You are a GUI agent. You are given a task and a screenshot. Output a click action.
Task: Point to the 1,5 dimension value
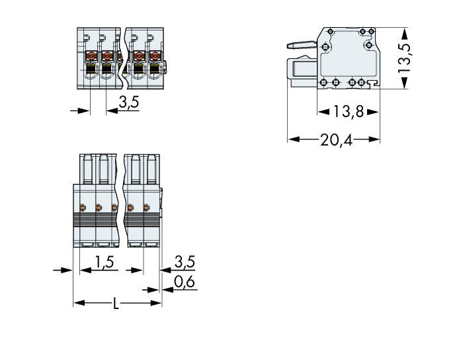(103, 262)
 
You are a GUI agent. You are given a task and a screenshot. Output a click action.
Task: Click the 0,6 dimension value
(183, 283)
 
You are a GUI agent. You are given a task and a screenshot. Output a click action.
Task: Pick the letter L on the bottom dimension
(116, 304)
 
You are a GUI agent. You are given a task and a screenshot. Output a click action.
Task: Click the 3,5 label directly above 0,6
(183, 262)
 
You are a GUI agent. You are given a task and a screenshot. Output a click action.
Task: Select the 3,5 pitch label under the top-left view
(128, 103)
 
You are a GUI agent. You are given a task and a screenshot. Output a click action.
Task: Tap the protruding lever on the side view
(302, 46)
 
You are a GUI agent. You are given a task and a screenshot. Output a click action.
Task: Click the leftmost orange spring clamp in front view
(91, 56)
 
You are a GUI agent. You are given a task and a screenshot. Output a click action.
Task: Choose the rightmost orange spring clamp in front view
(155, 56)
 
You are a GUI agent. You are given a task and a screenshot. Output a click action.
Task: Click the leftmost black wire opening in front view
(91, 67)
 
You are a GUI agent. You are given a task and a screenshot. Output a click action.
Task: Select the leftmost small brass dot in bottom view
(82, 207)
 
